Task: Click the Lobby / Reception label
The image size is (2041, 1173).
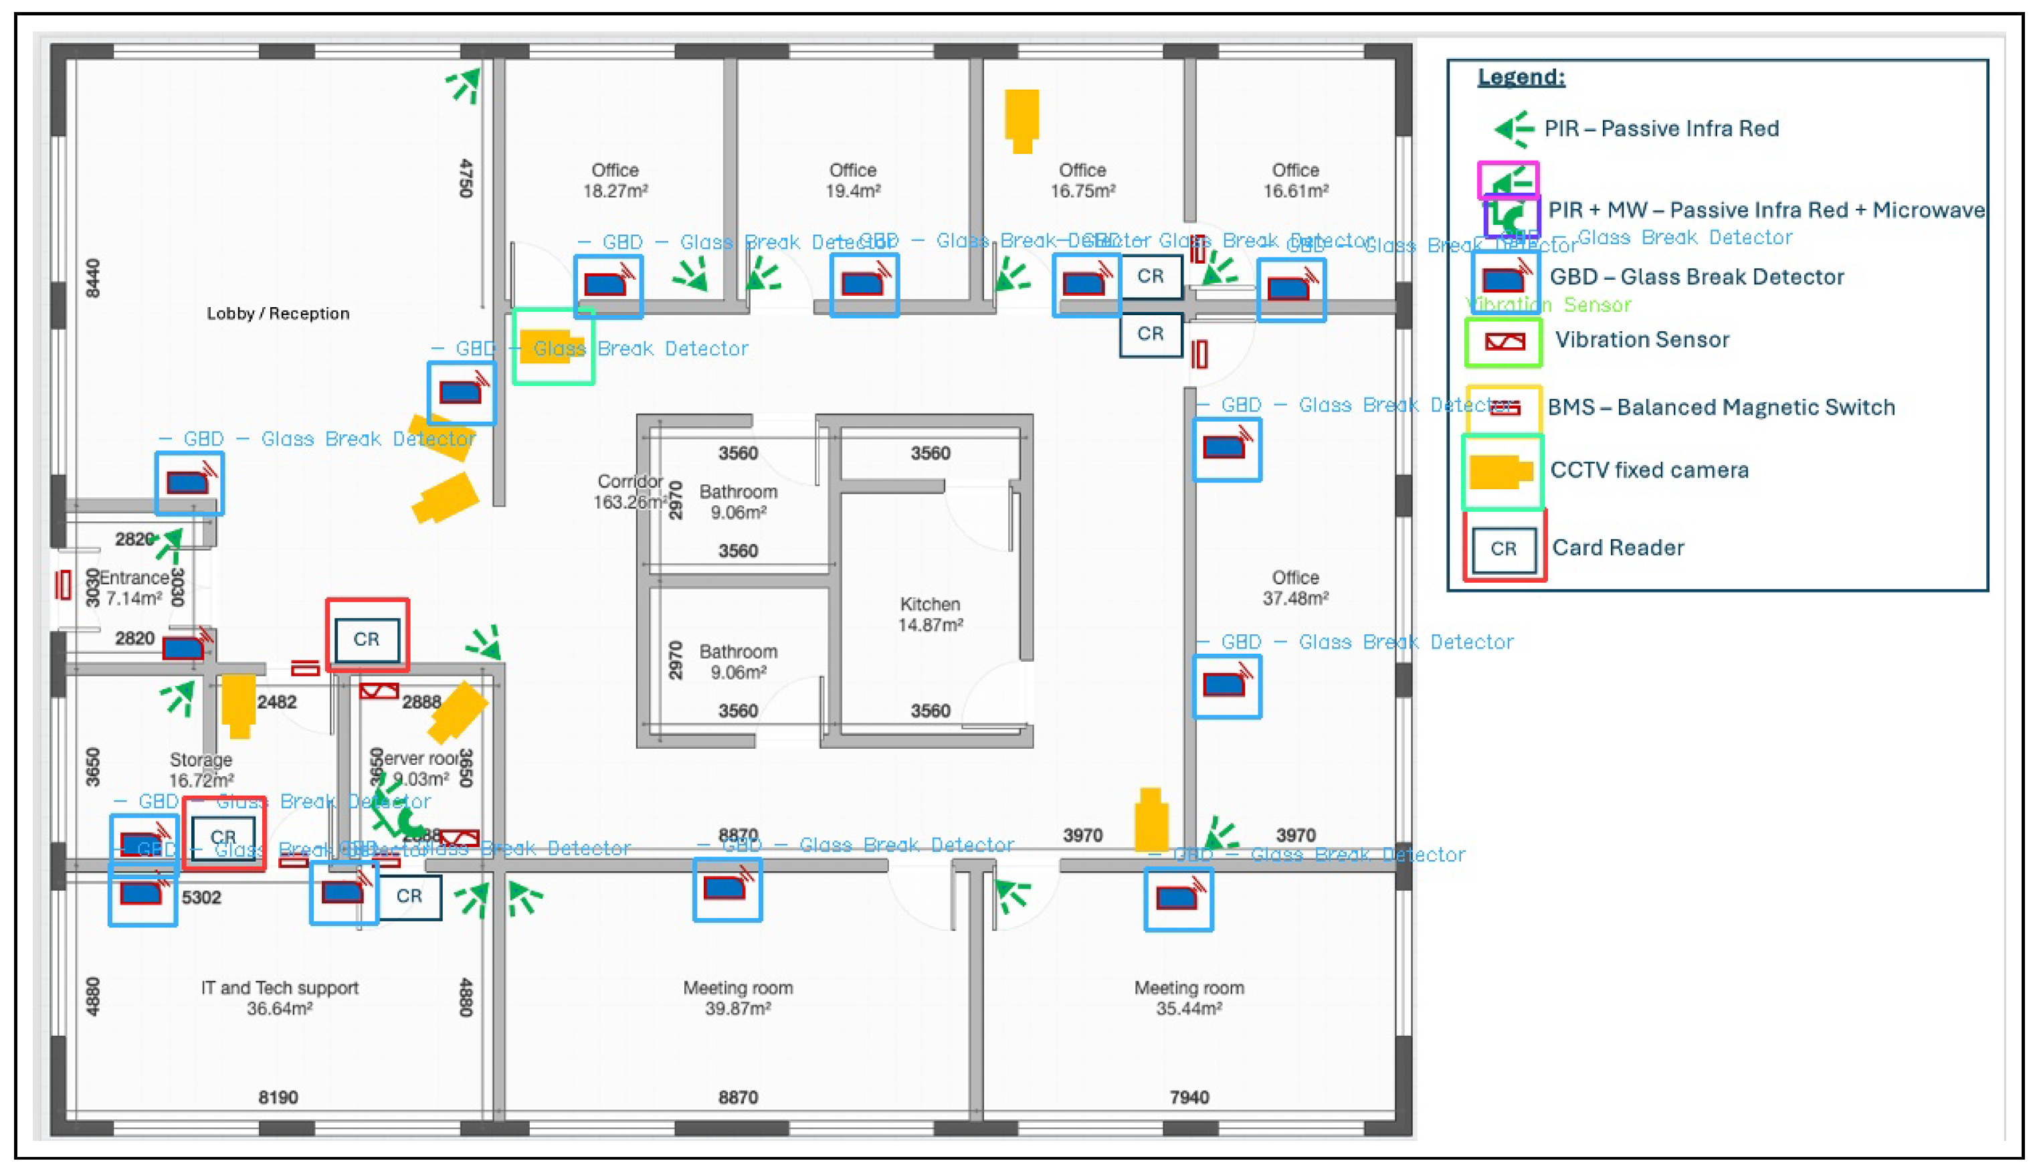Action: click(278, 313)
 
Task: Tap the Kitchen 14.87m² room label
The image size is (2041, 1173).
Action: click(931, 614)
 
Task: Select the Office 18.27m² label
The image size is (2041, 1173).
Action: click(615, 181)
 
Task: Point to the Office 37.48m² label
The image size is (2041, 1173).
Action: click(1295, 588)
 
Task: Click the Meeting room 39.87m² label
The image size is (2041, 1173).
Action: click(738, 998)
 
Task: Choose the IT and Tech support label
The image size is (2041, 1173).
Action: click(279, 988)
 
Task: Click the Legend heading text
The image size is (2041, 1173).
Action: click(1521, 78)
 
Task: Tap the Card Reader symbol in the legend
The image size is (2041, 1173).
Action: click(1503, 549)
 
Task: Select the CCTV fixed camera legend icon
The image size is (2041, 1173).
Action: click(1500, 471)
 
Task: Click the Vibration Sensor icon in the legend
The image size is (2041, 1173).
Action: click(1504, 341)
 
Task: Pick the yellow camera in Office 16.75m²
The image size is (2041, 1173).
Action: click(1022, 120)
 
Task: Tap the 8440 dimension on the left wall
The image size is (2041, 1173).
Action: click(94, 278)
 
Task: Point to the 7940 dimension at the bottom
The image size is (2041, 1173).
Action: click(1189, 1097)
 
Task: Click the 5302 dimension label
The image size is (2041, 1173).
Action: click(201, 897)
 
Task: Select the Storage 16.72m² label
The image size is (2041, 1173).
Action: click(201, 770)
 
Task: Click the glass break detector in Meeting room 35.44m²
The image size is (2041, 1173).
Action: click(1177, 897)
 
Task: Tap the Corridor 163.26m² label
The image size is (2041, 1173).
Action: click(630, 491)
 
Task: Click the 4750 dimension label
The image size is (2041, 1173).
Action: click(466, 178)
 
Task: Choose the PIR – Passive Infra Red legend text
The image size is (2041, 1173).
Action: click(1661, 129)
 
